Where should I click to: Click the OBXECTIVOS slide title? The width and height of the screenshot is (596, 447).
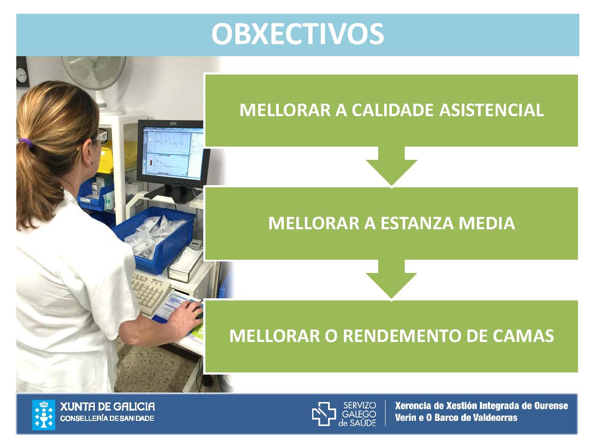[x=298, y=34]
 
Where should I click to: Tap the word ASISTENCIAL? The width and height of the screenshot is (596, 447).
[x=491, y=110]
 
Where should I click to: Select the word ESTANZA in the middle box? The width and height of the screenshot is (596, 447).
[x=417, y=223]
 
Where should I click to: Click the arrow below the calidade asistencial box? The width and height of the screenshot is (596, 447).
[x=391, y=167]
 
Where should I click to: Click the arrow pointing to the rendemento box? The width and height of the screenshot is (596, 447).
[x=391, y=280]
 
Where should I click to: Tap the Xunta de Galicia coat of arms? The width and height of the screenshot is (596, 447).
[x=43, y=415]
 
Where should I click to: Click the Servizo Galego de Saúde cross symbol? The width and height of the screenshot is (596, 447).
[x=324, y=414]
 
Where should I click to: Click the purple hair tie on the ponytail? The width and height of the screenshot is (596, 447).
[x=26, y=142]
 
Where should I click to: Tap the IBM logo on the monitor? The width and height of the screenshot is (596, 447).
[x=173, y=124]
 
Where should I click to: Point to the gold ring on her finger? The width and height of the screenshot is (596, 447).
[x=196, y=313]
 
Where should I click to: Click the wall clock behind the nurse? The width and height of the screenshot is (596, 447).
[x=22, y=75]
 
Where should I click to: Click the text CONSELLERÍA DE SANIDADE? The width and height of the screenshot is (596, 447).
[x=107, y=418]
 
